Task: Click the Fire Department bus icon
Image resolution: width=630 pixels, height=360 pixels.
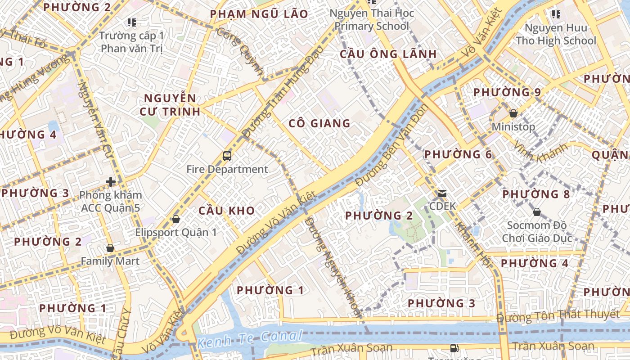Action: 227,156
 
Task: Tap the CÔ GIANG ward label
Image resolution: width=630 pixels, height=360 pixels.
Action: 319,123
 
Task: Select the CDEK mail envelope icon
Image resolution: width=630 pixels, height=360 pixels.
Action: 442,194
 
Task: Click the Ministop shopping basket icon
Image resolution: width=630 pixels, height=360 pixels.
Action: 513,113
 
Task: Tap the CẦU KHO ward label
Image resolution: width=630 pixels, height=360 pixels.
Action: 226,211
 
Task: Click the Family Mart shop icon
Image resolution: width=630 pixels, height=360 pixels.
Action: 110,248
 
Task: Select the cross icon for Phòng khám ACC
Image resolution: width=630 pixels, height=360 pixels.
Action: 110,182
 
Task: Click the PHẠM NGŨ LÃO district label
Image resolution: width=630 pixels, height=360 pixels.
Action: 259,14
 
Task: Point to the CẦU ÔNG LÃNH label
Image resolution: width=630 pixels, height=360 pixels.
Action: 388,54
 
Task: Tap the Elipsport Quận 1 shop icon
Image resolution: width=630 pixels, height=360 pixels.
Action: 176,219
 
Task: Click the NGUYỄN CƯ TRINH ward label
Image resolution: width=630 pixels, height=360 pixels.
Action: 170,105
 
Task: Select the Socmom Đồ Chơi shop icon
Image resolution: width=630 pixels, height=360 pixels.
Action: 536,211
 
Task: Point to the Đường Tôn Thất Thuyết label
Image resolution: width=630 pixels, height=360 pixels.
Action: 558,316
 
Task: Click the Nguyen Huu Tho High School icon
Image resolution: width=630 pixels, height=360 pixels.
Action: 556,14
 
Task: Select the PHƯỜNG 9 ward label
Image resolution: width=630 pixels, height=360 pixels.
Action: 507,92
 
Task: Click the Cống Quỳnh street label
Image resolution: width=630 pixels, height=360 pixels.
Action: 239,51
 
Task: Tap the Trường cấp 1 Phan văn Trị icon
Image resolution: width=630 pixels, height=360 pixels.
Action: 131,22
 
